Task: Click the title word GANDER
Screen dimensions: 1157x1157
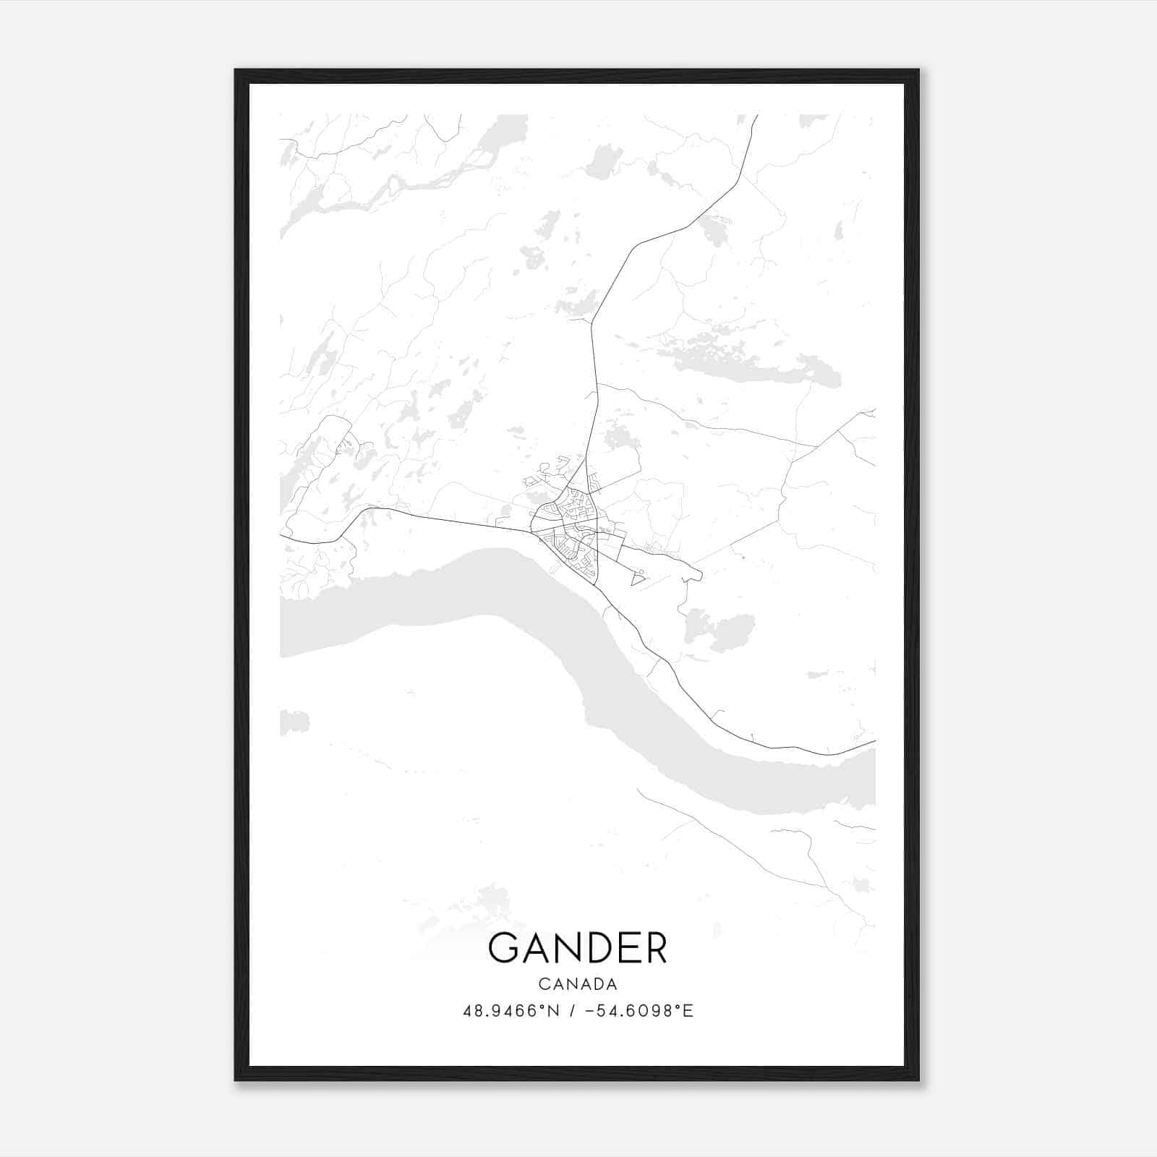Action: (577, 948)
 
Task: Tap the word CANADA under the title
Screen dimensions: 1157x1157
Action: (577, 984)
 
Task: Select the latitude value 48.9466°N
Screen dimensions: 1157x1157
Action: (511, 1011)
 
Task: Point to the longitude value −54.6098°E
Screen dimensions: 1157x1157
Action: (639, 1011)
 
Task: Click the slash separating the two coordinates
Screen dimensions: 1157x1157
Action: (572, 1011)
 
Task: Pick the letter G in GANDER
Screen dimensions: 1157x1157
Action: (503, 948)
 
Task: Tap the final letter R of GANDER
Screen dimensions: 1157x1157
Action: (654, 948)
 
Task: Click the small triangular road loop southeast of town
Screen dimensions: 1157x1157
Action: (638, 578)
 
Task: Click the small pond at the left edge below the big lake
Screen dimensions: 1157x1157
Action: (294, 722)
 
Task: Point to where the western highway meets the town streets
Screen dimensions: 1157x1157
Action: (531, 531)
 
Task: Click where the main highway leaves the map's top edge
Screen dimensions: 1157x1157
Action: (756, 116)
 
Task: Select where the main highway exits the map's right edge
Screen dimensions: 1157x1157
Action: (874, 741)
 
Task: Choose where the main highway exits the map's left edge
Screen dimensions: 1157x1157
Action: (281, 536)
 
